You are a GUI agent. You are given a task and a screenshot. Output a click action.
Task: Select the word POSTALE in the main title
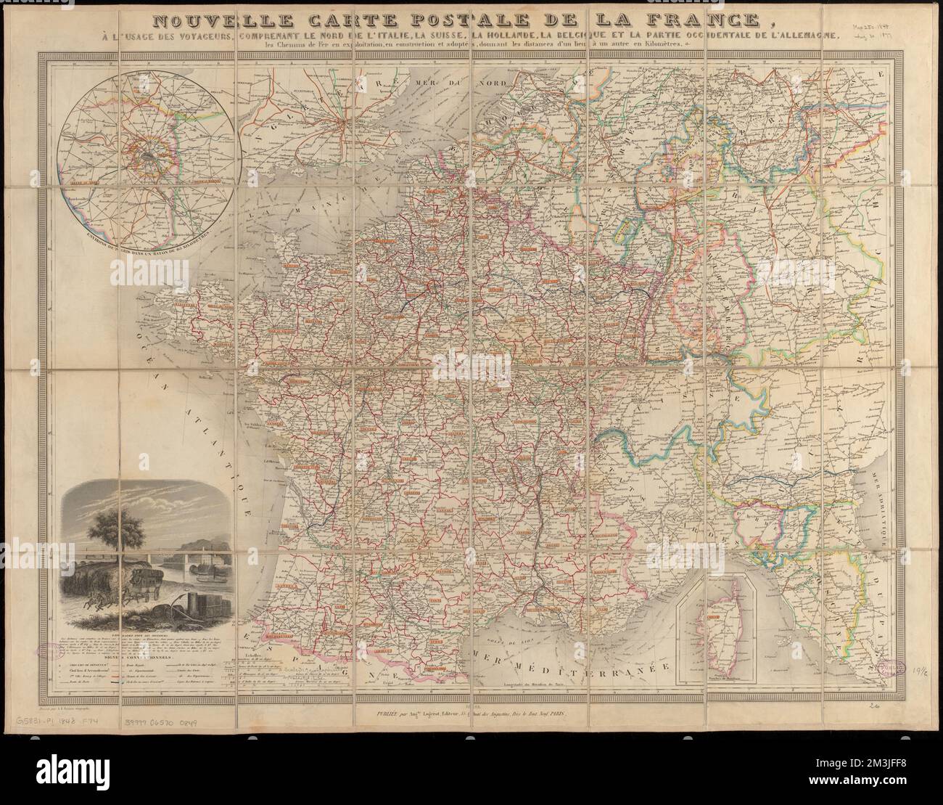(x=469, y=17)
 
